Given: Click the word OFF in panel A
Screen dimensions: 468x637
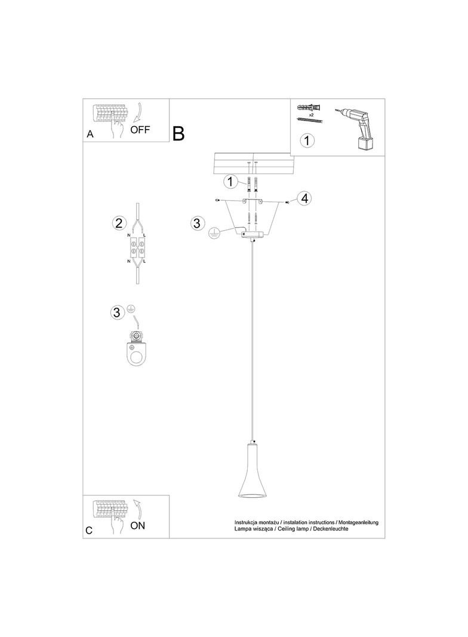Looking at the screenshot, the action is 140,130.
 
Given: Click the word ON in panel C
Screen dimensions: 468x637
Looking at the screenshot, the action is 138,526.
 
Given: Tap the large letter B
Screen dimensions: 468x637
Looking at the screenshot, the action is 178,133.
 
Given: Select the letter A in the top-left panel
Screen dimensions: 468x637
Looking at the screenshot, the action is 90,134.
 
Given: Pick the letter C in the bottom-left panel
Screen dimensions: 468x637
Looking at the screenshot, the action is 90,531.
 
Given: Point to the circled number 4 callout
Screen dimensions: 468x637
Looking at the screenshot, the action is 304,198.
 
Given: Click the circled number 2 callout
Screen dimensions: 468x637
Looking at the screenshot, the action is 118,223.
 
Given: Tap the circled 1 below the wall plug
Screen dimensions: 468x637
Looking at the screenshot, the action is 307,140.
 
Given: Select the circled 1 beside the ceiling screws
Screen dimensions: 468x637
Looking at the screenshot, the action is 230,182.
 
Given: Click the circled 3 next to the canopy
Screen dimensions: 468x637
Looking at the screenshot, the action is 197,223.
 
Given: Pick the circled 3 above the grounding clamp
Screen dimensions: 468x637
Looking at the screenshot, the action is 117,313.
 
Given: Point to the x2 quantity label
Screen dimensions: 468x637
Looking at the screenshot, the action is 312,115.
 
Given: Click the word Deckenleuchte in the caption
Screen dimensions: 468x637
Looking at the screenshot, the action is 330,528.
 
